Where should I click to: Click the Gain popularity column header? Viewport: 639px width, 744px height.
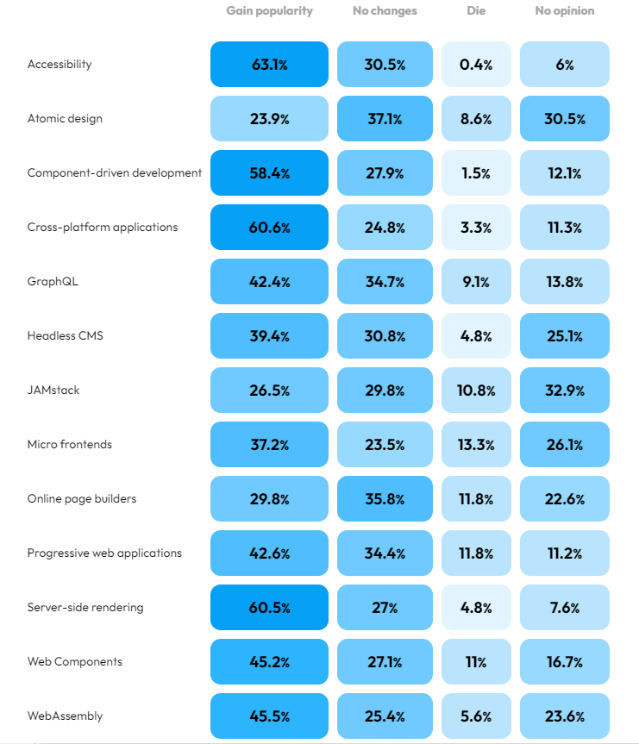click(269, 11)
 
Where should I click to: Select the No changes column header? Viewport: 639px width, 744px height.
click(385, 11)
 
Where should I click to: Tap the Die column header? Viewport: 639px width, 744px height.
click(476, 11)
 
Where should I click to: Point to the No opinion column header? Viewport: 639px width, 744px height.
click(564, 11)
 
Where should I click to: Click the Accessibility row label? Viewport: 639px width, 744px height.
click(60, 65)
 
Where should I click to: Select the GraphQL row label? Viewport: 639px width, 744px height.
click(53, 282)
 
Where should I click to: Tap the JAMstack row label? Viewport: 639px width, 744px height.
click(53, 391)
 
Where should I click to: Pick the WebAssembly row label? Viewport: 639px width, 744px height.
click(65, 716)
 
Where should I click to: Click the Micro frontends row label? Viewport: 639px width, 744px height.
click(70, 445)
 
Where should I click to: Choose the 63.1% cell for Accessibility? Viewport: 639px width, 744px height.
click(269, 65)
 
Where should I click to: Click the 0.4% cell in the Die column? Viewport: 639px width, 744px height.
click(476, 65)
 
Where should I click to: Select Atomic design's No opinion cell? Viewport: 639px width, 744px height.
click(564, 119)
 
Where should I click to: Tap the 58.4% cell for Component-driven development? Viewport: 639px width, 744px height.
click(269, 173)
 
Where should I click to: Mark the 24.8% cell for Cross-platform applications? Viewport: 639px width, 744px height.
click(385, 228)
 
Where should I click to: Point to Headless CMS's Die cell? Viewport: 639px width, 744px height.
click(476, 336)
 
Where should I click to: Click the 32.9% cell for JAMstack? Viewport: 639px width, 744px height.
click(564, 391)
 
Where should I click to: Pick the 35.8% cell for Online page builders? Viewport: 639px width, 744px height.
click(385, 499)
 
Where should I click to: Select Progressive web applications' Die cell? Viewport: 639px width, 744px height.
click(476, 553)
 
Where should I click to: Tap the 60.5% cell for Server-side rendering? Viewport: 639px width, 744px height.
click(269, 608)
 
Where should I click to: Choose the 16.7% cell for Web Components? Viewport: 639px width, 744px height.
click(564, 662)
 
